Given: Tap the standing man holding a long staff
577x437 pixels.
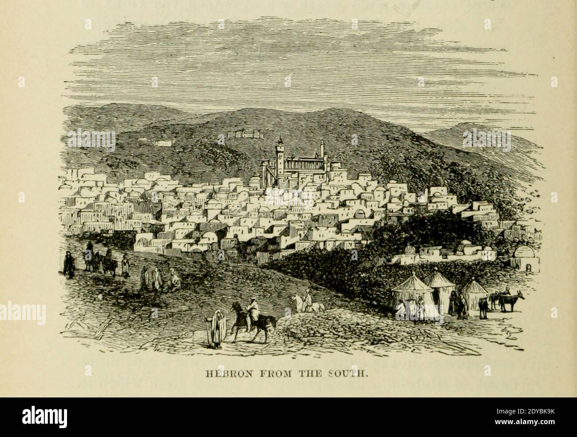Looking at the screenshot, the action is click(217, 328).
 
